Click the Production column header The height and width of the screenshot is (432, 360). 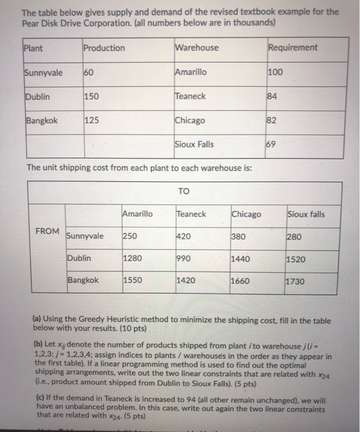click(104, 48)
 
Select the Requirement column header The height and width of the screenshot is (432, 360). click(293, 48)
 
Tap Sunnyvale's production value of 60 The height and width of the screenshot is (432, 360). click(90, 72)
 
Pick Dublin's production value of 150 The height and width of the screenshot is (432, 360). click(92, 96)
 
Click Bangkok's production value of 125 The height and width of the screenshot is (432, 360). click(92, 121)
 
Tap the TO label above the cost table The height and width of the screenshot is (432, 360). click(183, 191)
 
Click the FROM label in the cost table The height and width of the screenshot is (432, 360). click(48, 231)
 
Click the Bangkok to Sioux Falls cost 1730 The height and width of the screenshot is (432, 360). click(296, 281)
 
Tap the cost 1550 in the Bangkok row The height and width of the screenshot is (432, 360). click(132, 280)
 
